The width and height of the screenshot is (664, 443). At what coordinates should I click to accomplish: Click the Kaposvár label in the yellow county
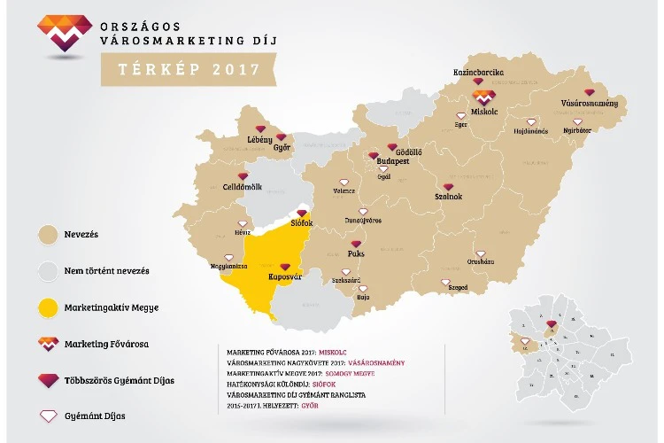tap(286, 278)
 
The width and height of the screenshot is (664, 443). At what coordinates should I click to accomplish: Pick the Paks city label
tap(356, 254)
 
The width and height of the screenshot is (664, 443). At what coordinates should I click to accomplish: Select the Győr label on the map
tap(282, 148)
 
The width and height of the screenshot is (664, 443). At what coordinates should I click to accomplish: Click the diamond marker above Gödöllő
tap(393, 145)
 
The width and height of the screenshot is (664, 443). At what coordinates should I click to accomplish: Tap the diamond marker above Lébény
tap(259, 129)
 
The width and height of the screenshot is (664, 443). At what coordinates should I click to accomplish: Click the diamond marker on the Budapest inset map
tap(552, 325)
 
